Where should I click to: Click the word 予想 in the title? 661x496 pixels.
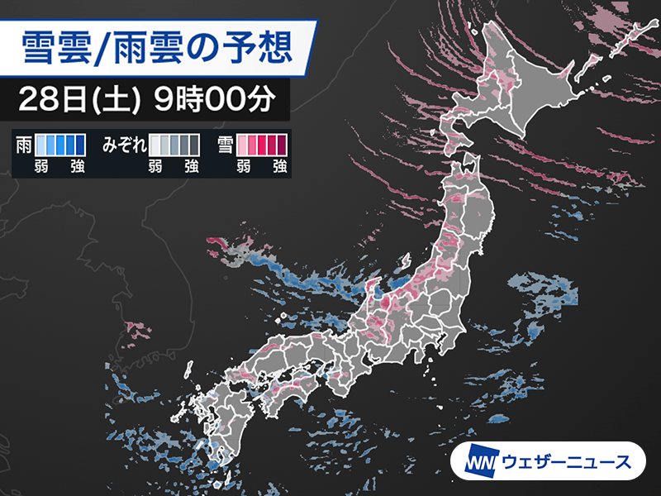tap(260, 47)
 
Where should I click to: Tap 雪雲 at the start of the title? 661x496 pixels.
tap(52, 47)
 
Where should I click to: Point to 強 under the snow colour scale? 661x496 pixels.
tap(278, 166)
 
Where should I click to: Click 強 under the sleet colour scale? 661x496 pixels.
tap(191, 166)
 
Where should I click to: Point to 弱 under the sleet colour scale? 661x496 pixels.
tap(155, 166)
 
